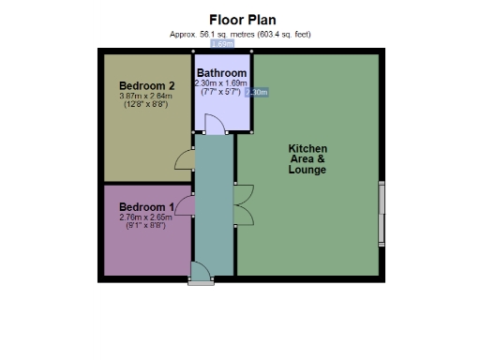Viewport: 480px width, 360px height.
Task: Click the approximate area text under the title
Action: pos(240,34)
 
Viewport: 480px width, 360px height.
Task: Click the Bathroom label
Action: pos(222,73)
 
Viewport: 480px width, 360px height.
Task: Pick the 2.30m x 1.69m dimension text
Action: pos(221,83)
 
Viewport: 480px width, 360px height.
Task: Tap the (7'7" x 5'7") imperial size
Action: pos(221,93)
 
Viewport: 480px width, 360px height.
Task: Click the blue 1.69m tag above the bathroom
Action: pos(222,44)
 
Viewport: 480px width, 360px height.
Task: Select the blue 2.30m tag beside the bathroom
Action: pos(256,93)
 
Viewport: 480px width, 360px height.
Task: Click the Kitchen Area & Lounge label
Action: pos(307,159)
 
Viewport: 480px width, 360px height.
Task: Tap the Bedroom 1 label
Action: pos(145,207)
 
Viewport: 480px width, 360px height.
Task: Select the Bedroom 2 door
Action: pos(185,160)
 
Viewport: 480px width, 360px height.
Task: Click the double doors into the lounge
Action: pos(244,205)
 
